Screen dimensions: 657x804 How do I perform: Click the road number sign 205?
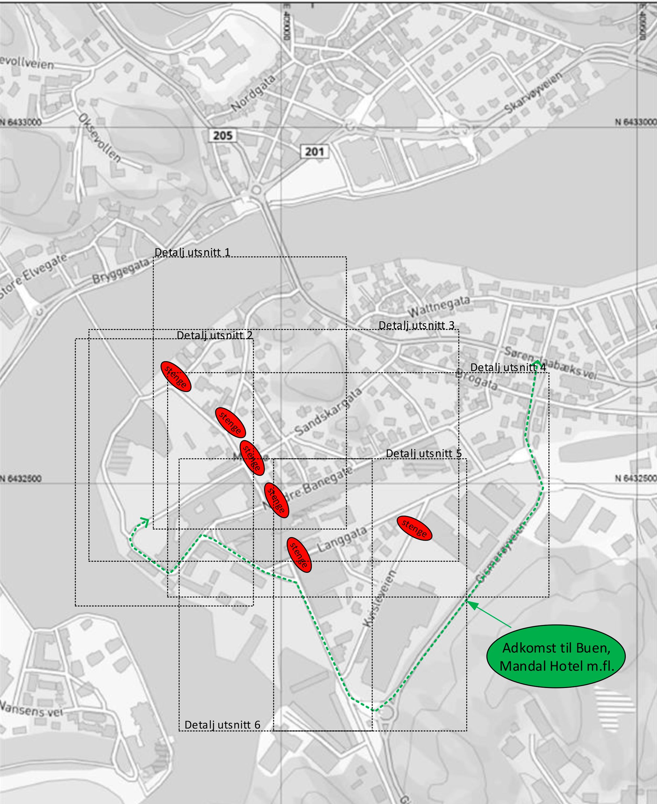pyautogui.click(x=222, y=135)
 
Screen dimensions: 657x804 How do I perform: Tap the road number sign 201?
pyautogui.click(x=314, y=152)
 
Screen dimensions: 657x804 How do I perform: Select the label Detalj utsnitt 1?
pyautogui.click(x=192, y=252)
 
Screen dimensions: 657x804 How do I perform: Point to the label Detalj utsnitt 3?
pyautogui.click(x=416, y=325)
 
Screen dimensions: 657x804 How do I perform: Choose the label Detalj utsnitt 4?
pyautogui.click(x=508, y=367)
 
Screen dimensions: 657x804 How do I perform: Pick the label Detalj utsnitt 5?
pyautogui.click(x=423, y=453)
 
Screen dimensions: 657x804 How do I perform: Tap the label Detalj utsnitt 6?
pyautogui.click(x=222, y=724)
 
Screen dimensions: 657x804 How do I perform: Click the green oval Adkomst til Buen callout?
pyautogui.click(x=555, y=656)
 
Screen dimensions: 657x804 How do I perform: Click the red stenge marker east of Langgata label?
pyautogui.click(x=415, y=528)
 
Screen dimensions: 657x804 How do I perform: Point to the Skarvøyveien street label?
pyautogui.click(x=533, y=93)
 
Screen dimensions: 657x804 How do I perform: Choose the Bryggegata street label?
pyautogui.click(x=121, y=271)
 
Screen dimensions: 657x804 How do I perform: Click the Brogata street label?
pyautogui.click(x=476, y=379)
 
